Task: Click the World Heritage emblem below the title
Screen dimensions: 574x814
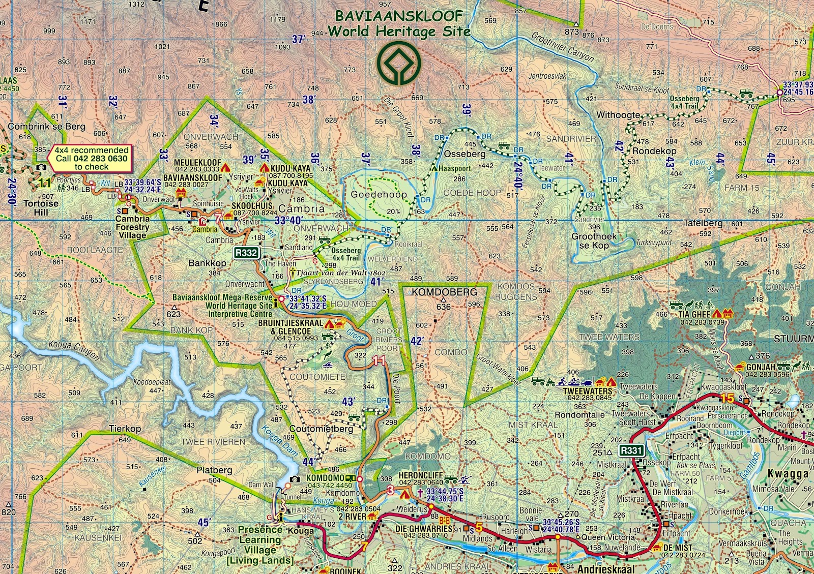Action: (398, 64)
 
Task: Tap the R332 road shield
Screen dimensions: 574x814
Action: (246, 253)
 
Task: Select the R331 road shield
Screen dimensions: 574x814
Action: (631, 450)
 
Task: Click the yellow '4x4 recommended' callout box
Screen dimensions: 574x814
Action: (92, 158)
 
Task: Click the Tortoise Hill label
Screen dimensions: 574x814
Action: (41, 207)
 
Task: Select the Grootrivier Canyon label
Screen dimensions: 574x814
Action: (563, 46)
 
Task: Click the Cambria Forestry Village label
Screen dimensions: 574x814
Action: (132, 227)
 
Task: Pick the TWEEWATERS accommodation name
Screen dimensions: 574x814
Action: (588, 391)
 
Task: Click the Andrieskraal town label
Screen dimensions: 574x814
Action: (606, 568)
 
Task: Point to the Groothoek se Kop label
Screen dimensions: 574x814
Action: (594, 240)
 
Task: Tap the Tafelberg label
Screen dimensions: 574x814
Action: (703, 223)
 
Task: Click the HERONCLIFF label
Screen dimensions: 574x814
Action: (420, 475)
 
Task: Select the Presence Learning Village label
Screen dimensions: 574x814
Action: (260, 545)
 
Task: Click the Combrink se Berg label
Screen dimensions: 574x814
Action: (47, 127)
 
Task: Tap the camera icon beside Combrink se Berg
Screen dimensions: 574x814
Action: (41, 167)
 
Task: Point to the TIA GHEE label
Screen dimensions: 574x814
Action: (694, 315)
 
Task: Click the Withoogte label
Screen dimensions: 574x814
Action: (618, 115)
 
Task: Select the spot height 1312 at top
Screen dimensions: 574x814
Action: (136, 4)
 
